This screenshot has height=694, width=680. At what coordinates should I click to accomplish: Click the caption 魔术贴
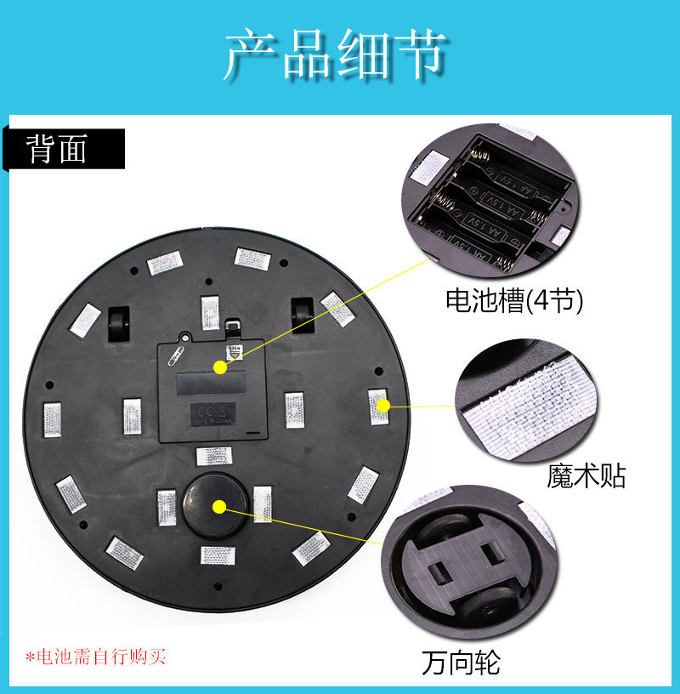[x=586, y=475]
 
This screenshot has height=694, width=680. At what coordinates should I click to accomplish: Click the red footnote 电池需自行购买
[x=95, y=657]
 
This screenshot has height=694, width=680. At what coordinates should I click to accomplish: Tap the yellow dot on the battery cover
[x=220, y=367]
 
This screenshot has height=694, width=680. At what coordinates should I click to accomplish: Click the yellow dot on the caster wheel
[x=219, y=507]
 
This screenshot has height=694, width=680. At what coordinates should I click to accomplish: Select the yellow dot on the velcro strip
[x=383, y=406]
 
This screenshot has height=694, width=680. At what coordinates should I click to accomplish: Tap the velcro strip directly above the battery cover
[x=210, y=311]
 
